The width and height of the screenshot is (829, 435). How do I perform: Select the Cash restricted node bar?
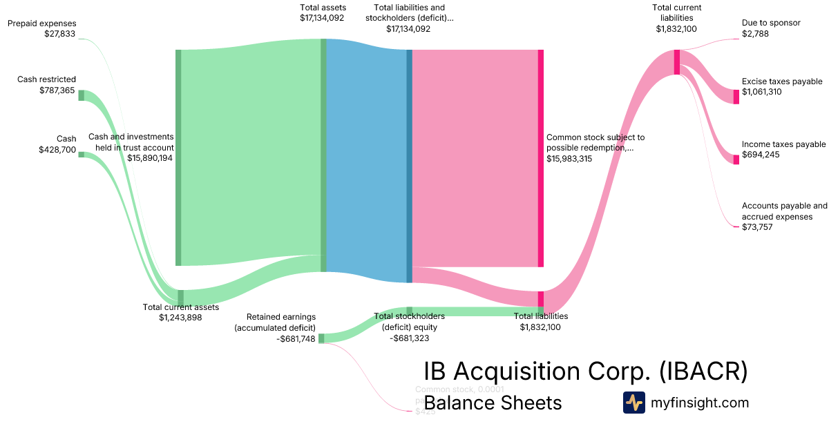[81, 95]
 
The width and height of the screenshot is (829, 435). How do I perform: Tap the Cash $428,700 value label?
[57, 149]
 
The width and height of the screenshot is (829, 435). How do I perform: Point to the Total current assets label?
[180, 307]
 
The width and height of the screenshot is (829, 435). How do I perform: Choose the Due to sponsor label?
[771, 23]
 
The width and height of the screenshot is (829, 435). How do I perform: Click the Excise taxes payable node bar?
[736, 97]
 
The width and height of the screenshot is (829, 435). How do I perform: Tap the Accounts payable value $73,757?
[757, 227]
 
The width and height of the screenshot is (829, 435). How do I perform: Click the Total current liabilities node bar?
[677, 62]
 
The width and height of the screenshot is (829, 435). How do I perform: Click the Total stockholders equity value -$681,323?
[409, 338]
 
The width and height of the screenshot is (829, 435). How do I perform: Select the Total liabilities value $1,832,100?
[540, 327]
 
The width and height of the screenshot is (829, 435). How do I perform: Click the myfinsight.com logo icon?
[633, 403]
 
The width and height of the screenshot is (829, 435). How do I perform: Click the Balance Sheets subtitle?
[493, 403]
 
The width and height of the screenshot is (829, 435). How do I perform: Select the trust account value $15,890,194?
[150, 158]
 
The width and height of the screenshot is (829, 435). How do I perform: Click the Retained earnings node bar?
[321, 338]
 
